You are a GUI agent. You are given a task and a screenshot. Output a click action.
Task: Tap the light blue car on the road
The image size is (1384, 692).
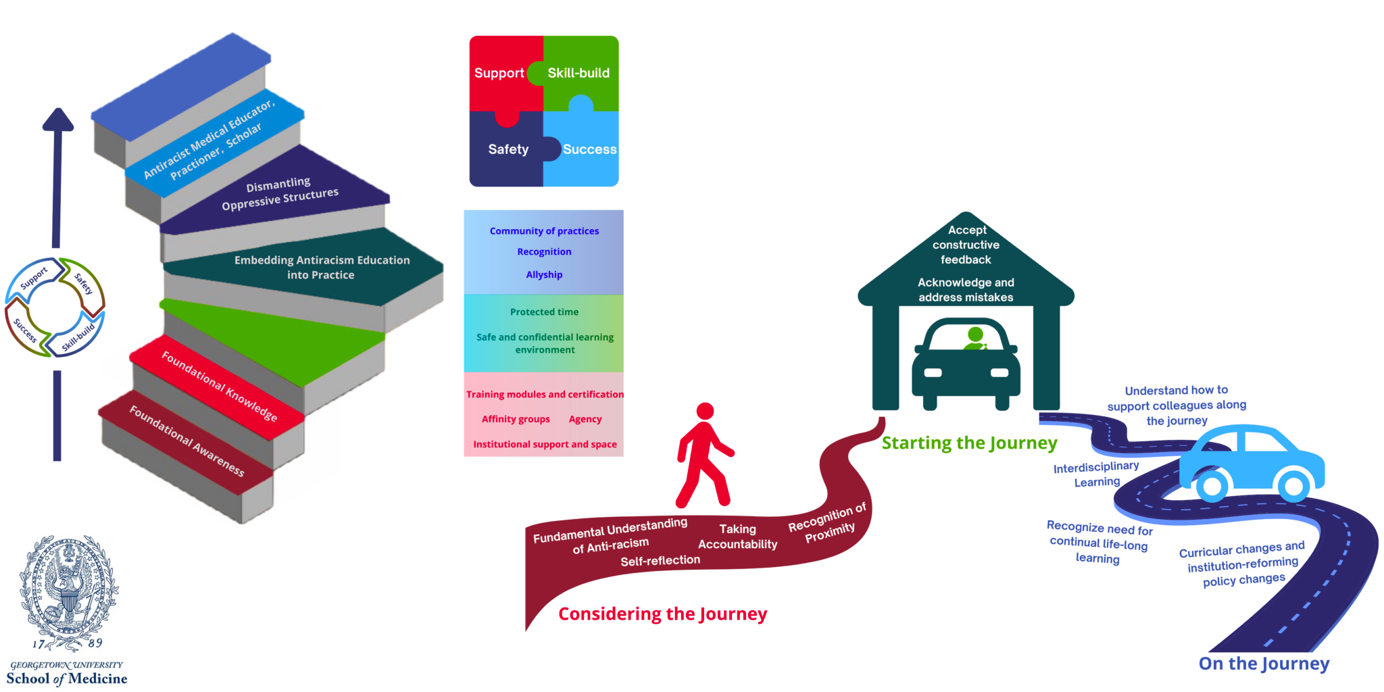pos(1250,463)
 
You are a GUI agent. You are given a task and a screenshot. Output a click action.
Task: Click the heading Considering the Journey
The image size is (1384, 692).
pos(662,614)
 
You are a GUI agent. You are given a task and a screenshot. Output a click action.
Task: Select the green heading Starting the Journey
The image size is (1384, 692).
pos(969,443)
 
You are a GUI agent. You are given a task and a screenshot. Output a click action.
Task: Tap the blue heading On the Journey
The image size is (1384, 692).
pos(1264,664)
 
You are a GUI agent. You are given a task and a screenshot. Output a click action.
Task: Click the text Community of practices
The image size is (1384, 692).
pos(544,231)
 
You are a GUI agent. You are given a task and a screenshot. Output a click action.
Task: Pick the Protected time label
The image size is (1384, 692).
pos(544,312)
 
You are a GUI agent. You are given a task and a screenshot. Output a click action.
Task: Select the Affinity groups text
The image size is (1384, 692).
pos(516,419)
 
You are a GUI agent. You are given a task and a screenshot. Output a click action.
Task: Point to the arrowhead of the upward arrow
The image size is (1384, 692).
pos(58,120)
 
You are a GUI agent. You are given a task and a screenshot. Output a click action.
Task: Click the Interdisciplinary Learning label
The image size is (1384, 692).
pos(1096,474)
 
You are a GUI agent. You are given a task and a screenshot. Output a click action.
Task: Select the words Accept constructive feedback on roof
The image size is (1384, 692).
pos(966,245)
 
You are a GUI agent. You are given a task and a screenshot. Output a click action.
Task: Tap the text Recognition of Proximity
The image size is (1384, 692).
pos(828,524)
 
